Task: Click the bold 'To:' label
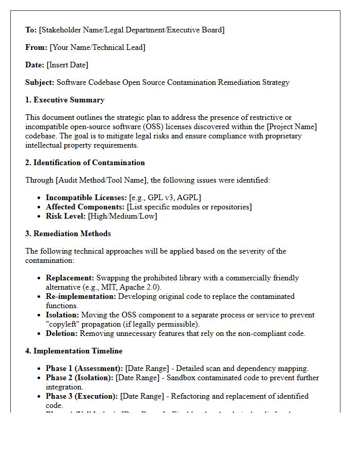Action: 31,30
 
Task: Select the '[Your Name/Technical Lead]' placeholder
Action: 97,47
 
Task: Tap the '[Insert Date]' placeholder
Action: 67,65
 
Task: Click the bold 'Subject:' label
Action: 40,82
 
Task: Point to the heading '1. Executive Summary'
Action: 65,100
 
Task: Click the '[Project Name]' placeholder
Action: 294,127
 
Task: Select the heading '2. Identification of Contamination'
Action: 85,163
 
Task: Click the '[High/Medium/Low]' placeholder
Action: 122,216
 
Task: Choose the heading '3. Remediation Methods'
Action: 68,234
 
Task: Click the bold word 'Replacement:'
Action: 70,278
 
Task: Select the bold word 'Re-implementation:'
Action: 81,296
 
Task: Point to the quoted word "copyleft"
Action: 63,324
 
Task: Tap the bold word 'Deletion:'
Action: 62,333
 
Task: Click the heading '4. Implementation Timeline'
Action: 74,351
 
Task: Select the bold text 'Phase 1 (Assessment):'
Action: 84,368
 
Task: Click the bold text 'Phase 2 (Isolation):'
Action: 80,378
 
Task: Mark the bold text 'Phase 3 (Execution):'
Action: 82,396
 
